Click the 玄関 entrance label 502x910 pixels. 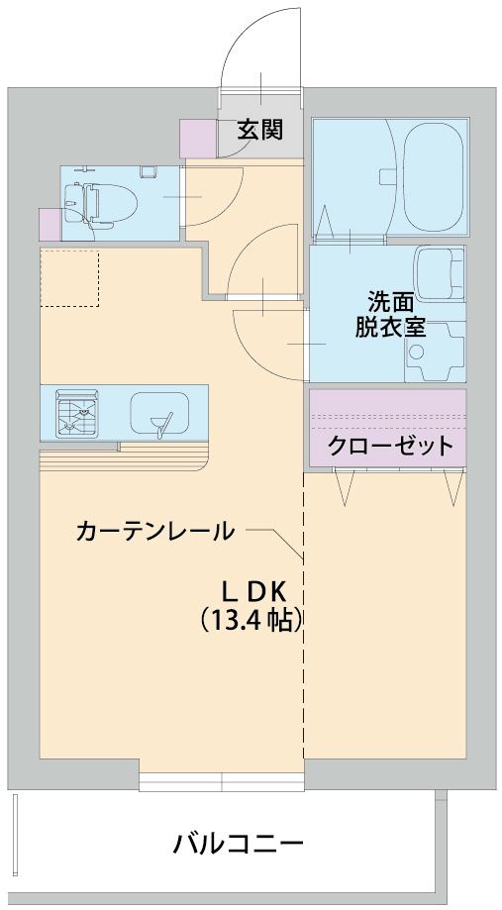pos(257,130)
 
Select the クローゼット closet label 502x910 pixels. pos(390,445)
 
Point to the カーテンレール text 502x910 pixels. pos(155,531)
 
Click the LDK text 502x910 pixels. pos(251,591)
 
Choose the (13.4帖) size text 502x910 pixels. pos(250,621)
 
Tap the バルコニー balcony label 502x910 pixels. pos(238,845)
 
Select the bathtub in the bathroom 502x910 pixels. pos(433,177)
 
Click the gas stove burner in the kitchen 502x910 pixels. pos(77,412)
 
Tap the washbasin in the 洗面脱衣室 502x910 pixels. pos(439,277)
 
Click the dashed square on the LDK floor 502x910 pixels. pos(69,278)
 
